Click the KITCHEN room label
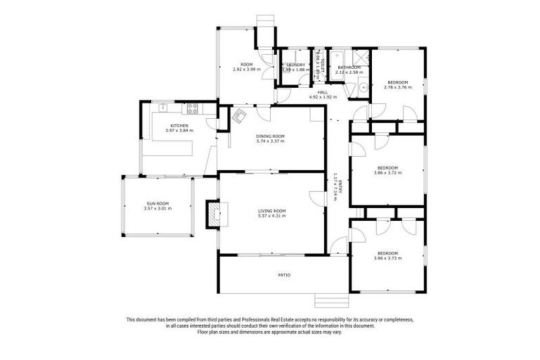tap(179, 125)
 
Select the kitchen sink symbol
tap(162, 108)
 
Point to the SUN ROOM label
tap(157, 204)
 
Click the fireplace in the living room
tap(212, 213)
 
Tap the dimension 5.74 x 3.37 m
tap(271, 141)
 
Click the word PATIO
tap(284, 275)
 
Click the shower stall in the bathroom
tap(361, 58)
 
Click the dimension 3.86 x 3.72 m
tap(388, 172)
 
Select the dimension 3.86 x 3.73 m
tap(388, 258)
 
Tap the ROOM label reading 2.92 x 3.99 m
tap(247, 69)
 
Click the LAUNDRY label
tap(295, 65)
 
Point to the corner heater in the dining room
tap(240, 115)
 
